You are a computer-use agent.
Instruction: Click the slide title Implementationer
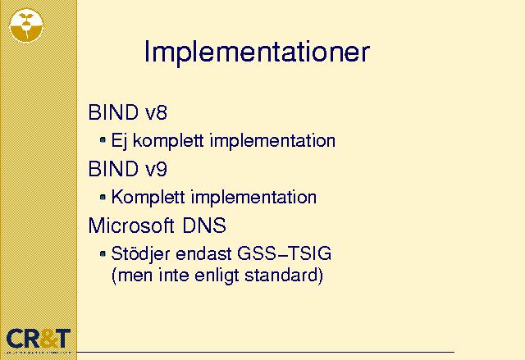257,52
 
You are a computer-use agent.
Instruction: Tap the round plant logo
26,25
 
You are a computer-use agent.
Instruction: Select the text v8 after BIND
156,112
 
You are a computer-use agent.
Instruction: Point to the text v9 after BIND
156,169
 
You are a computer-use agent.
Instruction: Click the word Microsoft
131,226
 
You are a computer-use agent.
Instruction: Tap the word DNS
204,226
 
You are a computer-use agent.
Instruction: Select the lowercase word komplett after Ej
168,141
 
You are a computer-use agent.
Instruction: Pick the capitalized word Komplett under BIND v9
148,197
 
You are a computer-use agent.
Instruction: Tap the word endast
203,253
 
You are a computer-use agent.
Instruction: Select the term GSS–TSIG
285,253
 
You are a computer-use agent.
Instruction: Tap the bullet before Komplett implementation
103,197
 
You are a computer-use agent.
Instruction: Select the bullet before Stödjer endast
103,253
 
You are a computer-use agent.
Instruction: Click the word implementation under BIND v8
272,141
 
